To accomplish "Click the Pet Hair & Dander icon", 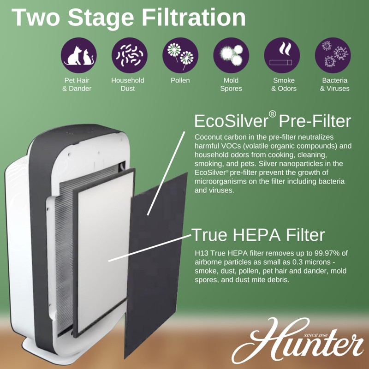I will click(x=79, y=55).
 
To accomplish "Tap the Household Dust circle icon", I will click(x=128, y=55).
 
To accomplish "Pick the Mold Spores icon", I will click(x=231, y=55).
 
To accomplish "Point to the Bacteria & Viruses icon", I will click(x=333, y=55).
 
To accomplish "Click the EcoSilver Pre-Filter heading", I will click(x=273, y=121).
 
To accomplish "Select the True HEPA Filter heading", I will click(x=258, y=235).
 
